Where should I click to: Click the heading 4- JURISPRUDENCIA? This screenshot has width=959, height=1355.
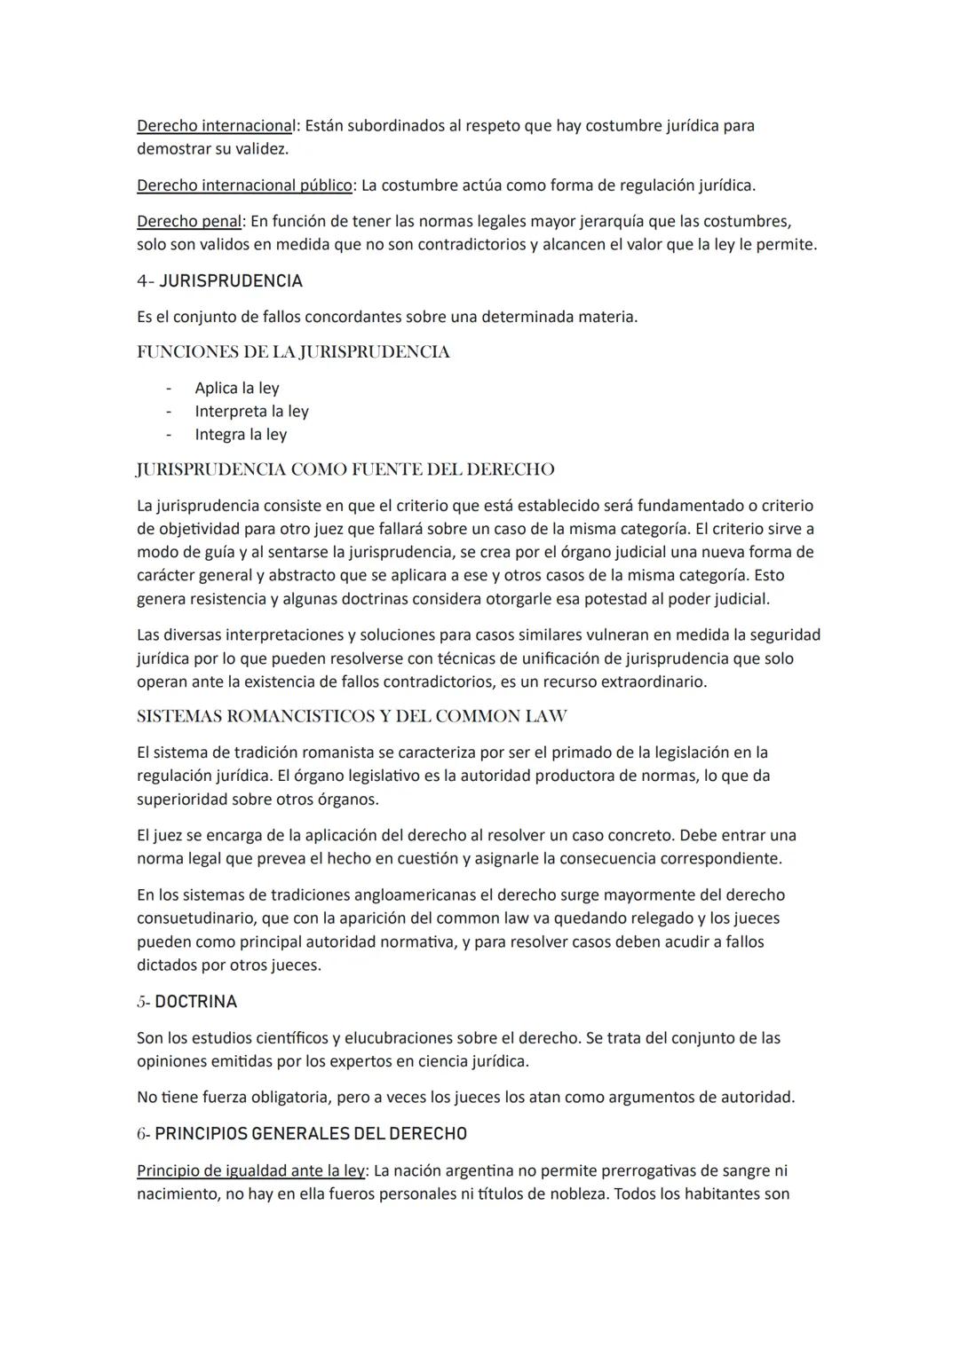pyautogui.click(x=219, y=281)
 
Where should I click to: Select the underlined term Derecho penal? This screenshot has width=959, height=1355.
pyautogui.click(x=188, y=221)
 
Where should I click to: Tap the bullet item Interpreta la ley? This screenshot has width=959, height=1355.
pyautogui.click(x=251, y=412)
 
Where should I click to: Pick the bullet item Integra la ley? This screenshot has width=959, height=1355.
pyautogui.click(x=241, y=435)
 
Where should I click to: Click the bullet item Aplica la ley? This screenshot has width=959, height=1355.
pyautogui.click(x=237, y=389)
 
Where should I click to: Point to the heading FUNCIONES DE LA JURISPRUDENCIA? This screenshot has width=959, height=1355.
pyautogui.click(x=293, y=352)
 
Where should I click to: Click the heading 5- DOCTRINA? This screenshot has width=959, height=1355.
pyautogui.click(x=186, y=1002)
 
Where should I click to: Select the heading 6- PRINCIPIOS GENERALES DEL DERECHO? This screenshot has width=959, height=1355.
pyautogui.click(x=302, y=1134)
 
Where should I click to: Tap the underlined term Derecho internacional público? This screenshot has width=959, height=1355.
pyautogui.click(x=244, y=185)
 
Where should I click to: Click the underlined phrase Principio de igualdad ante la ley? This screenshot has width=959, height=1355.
pyautogui.click(x=250, y=1171)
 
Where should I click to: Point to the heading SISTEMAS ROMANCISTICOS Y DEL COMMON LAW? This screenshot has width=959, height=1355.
pyautogui.click(x=352, y=716)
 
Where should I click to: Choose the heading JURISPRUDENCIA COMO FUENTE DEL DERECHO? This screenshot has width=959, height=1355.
pyautogui.click(x=345, y=469)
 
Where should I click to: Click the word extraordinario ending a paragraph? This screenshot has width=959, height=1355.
pyautogui.click(x=653, y=682)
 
